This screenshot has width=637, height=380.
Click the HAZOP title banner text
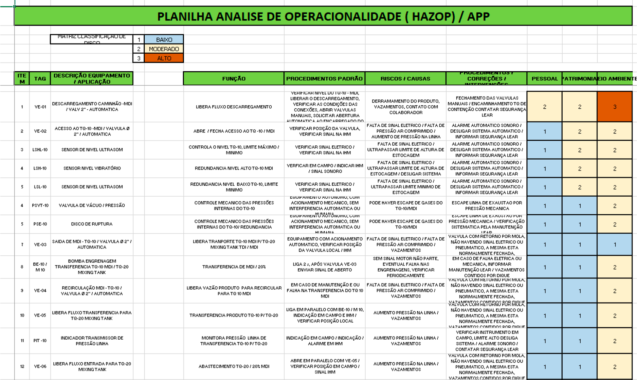323,16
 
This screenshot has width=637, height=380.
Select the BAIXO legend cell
164,39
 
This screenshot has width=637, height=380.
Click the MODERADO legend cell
164,49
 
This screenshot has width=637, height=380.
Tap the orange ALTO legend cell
164,58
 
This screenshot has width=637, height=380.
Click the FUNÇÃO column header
234,78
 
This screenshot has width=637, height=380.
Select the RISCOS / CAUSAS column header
405,78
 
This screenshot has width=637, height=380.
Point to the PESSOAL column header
544,78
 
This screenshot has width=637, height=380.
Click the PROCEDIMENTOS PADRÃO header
324,78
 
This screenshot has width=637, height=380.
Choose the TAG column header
40,78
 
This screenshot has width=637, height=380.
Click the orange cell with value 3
614,107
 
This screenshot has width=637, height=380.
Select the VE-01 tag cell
40,107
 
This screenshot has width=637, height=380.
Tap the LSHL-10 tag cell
40,149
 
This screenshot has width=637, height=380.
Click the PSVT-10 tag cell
40,205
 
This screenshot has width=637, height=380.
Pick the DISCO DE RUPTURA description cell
92,224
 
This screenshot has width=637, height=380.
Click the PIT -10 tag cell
40,340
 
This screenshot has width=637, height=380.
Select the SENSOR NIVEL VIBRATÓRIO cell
92,168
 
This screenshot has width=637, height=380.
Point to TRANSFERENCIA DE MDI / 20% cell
234,267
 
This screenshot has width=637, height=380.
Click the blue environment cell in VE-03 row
614,245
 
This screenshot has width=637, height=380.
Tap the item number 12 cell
22,366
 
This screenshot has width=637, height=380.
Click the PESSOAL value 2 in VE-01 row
544,107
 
